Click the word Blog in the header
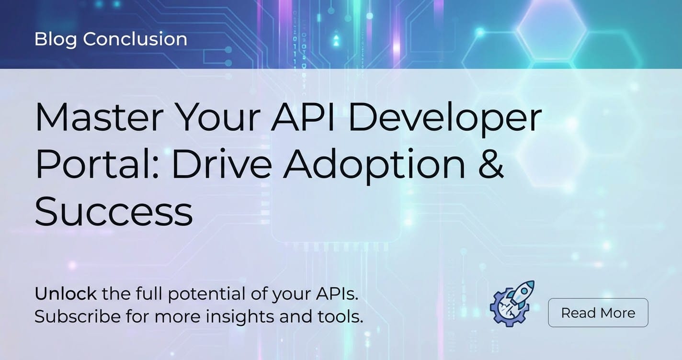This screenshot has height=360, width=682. [x=56, y=40]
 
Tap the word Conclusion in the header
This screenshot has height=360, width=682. [x=135, y=39]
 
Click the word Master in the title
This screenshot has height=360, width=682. [x=100, y=117]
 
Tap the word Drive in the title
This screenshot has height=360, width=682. [x=222, y=164]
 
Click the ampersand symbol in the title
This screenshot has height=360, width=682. [x=491, y=164]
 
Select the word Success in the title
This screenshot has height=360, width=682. [x=114, y=211]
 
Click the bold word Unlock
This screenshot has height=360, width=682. [x=66, y=294]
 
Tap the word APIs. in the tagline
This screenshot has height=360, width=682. [x=337, y=294]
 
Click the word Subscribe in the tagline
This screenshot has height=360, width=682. [x=78, y=316]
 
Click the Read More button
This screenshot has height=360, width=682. [x=598, y=313]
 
